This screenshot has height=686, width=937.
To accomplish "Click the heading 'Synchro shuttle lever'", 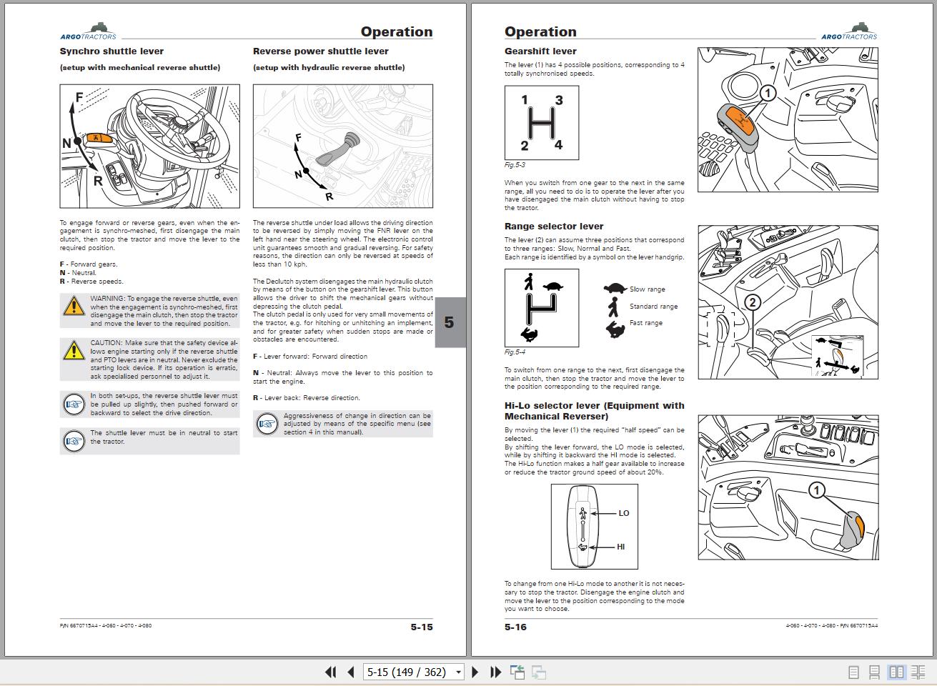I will (111, 51).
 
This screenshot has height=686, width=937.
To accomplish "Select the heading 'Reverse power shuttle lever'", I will (320, 51).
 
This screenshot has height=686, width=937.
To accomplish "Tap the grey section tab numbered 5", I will (450, 322).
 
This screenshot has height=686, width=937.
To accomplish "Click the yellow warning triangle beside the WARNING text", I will (74, 306).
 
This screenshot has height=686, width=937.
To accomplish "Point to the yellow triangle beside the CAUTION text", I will (74, 350).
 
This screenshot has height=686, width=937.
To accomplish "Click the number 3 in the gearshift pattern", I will (559, 101).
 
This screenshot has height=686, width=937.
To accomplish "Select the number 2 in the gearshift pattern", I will (525, 146).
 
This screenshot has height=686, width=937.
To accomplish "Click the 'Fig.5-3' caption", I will (515, 165).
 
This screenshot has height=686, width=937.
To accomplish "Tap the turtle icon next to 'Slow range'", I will (615, 289).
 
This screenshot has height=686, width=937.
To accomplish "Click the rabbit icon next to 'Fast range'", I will (615, 329).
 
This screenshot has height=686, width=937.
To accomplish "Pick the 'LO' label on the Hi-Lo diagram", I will (624, 513).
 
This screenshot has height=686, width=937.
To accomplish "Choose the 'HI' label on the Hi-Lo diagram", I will (620, 547).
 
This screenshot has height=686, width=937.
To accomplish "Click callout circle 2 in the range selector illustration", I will (751, 303).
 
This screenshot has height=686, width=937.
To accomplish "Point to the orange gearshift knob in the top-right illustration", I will (741, 119).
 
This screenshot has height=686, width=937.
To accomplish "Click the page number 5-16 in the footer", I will (515, 627).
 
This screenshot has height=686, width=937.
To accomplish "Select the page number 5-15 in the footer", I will (422, 627).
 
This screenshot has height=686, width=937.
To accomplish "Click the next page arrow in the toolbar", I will (475, 672).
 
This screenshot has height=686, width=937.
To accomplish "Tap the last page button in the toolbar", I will (495, 672).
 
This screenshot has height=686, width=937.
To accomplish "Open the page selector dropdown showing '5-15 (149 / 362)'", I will (459, 672).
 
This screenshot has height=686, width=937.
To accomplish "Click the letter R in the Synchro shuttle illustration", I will (98, 181).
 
